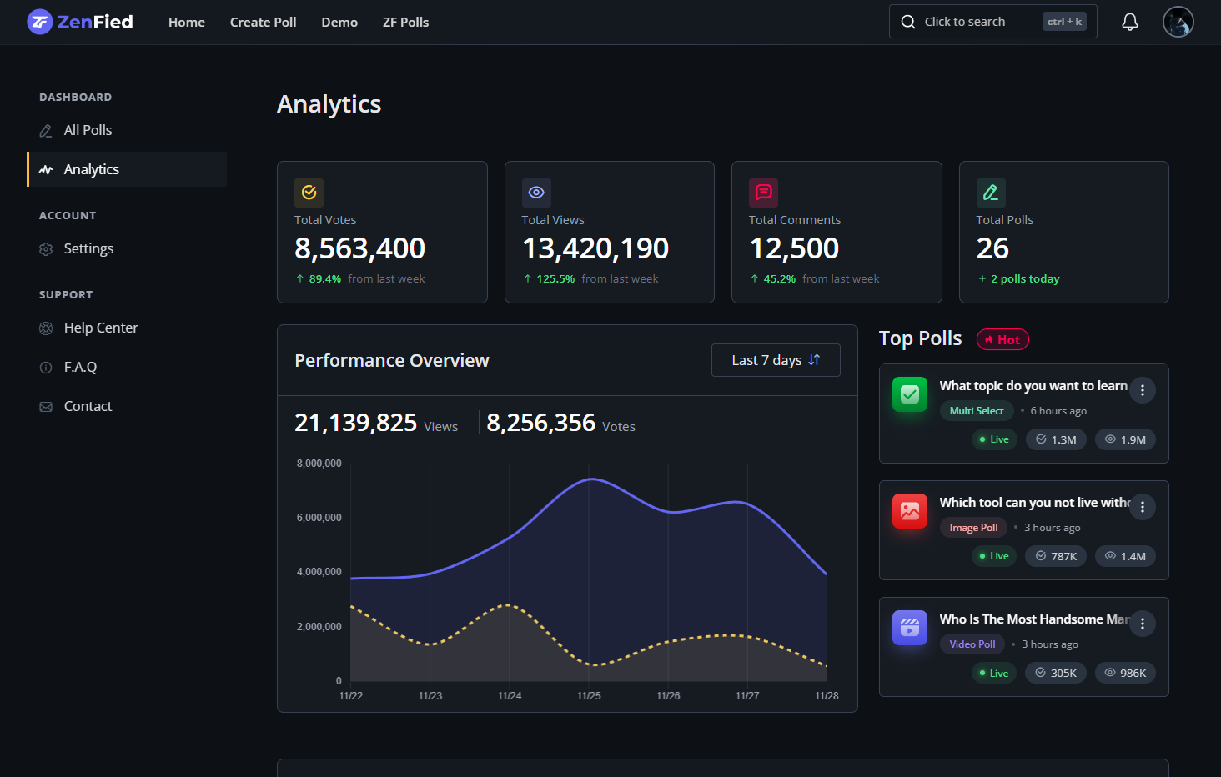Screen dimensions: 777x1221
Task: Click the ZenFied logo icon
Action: (39, 22)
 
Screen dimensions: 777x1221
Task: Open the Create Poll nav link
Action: (263, 23)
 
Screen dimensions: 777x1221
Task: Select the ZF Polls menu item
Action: (405, 23)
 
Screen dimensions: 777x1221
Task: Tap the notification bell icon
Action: (1129, 22)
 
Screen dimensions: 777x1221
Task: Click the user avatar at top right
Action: (1178, 22)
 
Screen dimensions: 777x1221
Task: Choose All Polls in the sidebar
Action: (88, 130)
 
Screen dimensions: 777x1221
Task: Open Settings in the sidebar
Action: (88, 248)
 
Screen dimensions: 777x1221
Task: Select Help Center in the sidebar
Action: (100, 328)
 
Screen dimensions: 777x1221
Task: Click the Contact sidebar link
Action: (88, 406)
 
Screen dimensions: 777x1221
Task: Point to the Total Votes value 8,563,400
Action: (359, 248)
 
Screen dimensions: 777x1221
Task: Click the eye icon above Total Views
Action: (536, 193)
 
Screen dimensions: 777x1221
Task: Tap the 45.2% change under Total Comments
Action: (779, 279)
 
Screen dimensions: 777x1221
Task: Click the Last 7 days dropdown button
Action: (775, 360)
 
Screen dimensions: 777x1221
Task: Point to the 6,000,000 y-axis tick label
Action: (319, 518)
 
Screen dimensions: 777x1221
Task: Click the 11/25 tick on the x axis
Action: (589, 695)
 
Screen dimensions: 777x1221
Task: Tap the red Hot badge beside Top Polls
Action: (1002, 340)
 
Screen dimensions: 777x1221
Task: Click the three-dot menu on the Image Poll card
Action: (1142, 507)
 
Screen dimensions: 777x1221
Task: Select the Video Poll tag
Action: (972, 644)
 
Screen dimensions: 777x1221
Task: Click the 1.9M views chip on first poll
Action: (1125, 439)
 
